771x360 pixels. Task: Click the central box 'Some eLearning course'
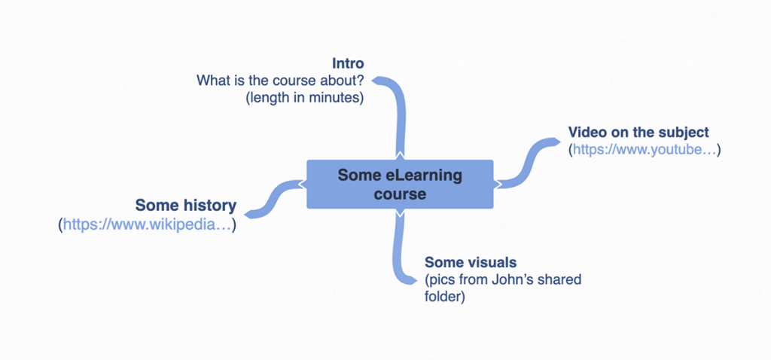point(400,185)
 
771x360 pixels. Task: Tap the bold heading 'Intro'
point(348,63)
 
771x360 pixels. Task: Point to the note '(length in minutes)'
point(305,96)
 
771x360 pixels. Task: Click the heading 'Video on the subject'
point(638,133)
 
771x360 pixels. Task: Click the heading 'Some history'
point(186,205)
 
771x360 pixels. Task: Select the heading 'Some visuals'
point(471,262)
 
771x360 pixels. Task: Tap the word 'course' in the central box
point(400,194)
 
